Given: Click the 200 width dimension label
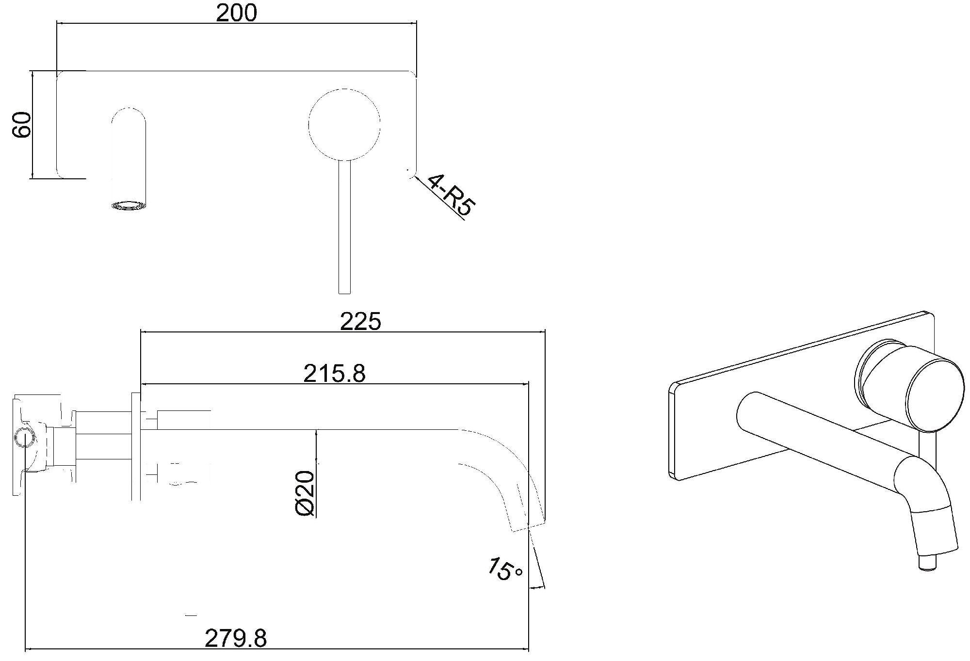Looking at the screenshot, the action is [236, 13].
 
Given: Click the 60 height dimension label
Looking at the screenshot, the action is [22, 125].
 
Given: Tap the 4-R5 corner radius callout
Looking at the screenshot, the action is [450, 195].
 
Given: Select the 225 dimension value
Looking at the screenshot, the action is [360, 321].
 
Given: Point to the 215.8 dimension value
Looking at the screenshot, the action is [334, 373].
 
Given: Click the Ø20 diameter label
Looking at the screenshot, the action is [306, 493].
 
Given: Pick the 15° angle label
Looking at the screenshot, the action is [505, 570].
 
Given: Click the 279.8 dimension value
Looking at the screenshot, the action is [236, 638].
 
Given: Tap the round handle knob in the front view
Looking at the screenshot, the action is [344, 125].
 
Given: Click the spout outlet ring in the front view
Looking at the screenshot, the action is [129, 205].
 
